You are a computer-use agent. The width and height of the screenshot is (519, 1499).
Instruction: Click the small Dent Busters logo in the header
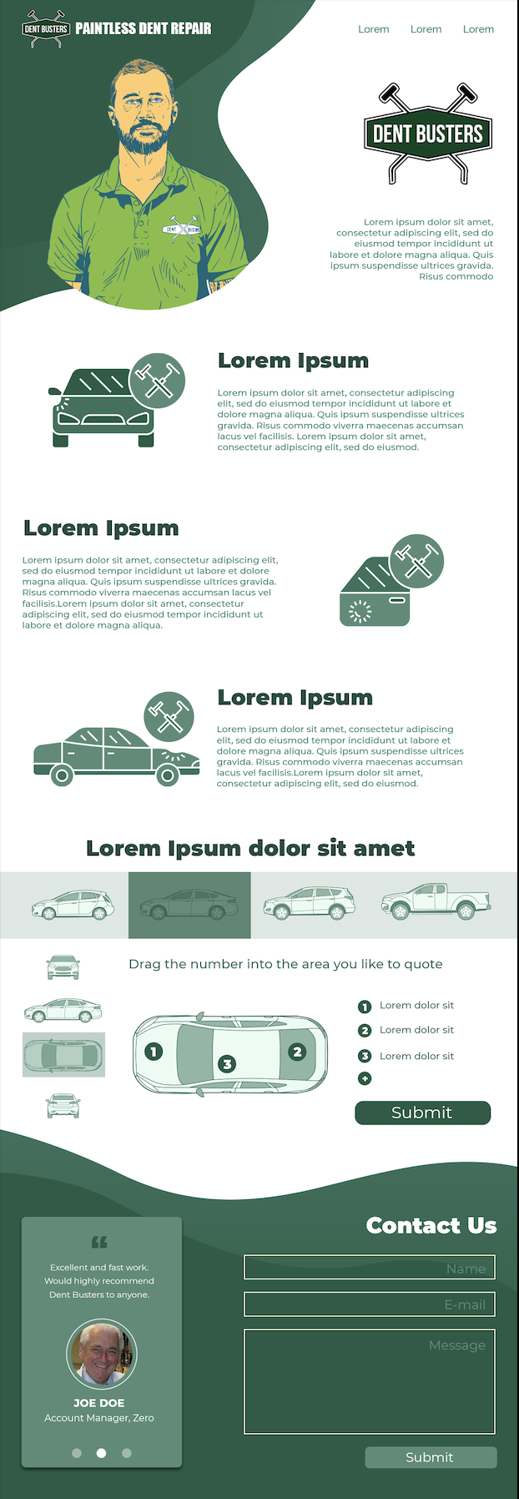click(x=46, y=28)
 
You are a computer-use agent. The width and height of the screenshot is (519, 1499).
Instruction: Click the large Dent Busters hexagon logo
click(x=428, y=134)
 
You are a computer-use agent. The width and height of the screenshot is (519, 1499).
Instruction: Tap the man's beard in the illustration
click(x=145, y=138)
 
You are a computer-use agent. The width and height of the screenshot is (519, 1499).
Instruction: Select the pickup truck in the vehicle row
click(x=436, y=901)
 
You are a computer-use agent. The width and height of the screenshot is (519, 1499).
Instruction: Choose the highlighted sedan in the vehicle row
click(x=189, y=905)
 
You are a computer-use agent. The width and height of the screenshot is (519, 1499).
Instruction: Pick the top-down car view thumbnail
click(x=63, y=1055)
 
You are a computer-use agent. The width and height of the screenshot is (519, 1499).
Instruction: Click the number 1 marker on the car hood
click(x=154, y=1051)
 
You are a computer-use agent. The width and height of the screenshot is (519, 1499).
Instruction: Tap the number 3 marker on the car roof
click(x=227, y=1063)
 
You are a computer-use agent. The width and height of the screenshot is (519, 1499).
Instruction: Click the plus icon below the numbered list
click(x=365, y=1078)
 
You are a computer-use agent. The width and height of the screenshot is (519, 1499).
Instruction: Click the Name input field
click(x=370, y=1267)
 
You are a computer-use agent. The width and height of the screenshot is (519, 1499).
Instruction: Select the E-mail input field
click(x=370, y=1305)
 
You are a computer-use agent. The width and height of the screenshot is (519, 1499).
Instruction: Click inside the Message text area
click(x=370, y=1381)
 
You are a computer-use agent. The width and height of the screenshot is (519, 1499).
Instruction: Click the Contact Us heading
click(x=431, y=1225)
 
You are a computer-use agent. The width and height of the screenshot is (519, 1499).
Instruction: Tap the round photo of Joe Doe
click(x=101, y=1355)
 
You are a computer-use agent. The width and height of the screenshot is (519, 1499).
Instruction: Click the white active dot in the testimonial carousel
click(x=101, y=1453)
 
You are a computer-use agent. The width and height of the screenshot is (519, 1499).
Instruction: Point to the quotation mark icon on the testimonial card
click(x=99, y=1242)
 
